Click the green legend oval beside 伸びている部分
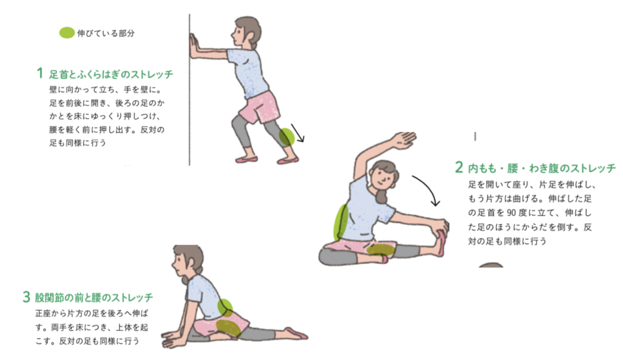coord(67,33)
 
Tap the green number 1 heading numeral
coord(40,73)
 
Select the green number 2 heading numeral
coord(459,167)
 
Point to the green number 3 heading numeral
coord(26,297)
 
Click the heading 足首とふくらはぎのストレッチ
coord(111,74)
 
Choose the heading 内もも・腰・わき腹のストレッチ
coord(541,168)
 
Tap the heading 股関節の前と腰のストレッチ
coord(94,297)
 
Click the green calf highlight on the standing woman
coord(287,137)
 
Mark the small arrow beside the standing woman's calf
coord(298,133)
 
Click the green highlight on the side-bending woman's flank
coord(341,222)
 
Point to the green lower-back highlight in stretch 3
coord(225,307)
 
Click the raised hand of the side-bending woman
coord(403,139)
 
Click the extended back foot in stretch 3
coord(296,333)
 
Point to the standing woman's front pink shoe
coord(246,159)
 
